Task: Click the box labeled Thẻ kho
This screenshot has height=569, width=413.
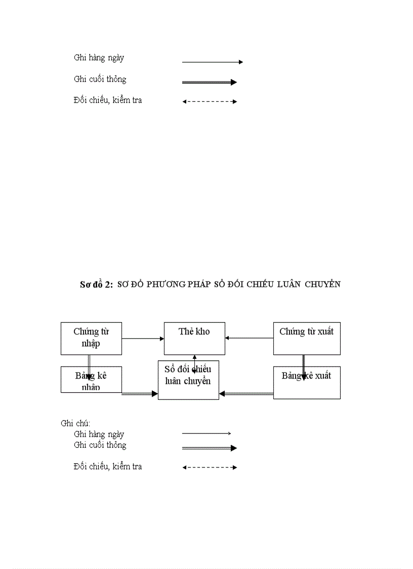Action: pyautogui.click(x=194, y=338)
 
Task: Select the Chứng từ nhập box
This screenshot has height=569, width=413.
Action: pyautogui.click(x=91, y=338)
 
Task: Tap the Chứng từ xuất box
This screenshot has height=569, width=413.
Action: pyautogui.click(x=306, y=338)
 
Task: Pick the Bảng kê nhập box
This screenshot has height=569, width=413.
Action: pyautogui.click(x=91, y=380)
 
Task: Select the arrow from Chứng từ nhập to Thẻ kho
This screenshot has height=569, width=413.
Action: pyautogui.click(x=143, y=338)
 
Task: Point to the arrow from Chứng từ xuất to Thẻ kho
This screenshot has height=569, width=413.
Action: pyautogui.click(x=249, y=338)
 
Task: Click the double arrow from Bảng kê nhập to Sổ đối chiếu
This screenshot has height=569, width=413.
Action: pyautogui.click(x=140, y=393)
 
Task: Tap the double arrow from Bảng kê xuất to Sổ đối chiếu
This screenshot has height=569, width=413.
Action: pyautogui.click(x=246, y=393)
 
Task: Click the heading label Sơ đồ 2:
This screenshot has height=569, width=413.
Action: pyautogui.click(x=96, y=284)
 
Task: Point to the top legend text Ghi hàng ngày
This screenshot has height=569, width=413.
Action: pyautogui.click(x=99, y=58)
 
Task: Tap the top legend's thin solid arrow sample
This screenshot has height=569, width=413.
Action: pyautogui.click(x=212, y=62)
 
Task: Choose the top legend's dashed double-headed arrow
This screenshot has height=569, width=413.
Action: pyautogui.click(x=210, y=101)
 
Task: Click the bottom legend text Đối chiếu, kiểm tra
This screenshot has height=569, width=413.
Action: pyautogui.click(x=107, y=467)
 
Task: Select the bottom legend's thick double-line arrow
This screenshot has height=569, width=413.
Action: pyautogui.click(x=210, y=448)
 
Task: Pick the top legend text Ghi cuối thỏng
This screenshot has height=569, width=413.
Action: pyautogui.click(x=100, y=79)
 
